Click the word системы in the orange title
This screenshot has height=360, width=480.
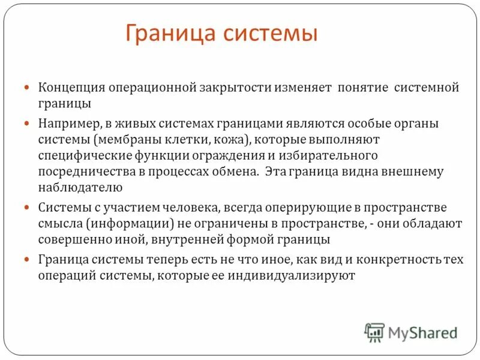pos(272,33)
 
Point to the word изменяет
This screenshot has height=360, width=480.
pos(301,88)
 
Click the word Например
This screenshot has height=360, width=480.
pos(67,123)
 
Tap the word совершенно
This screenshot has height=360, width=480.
pos(74,239)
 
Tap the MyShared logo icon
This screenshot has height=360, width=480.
pos(374,332)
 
